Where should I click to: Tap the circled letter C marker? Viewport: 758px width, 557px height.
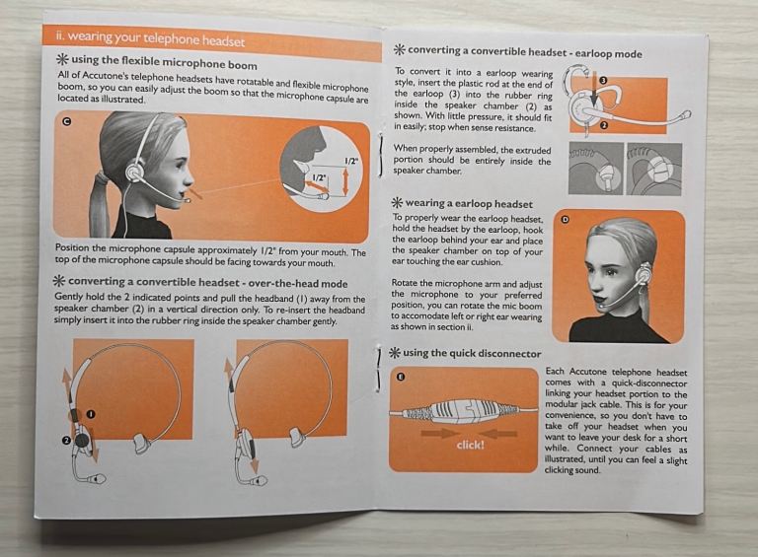click(67, 121)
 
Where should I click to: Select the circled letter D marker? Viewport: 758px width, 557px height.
click(565, 220)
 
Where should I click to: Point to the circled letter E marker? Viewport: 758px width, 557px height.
click(400, 377)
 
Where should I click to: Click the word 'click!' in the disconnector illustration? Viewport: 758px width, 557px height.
click(470, 445)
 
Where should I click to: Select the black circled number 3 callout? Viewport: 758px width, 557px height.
click(602, 81)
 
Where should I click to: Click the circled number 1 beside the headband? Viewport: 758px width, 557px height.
click(91, 414)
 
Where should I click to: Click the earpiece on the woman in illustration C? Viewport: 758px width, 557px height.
click(134, 173)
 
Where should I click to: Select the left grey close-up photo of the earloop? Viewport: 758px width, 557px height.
click(595, 169)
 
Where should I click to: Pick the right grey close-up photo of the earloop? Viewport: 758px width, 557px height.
click(653, 169)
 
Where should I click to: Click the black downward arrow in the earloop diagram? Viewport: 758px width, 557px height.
click(594, 89)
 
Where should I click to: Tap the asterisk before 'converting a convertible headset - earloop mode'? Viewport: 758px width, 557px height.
click(399, 49)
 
